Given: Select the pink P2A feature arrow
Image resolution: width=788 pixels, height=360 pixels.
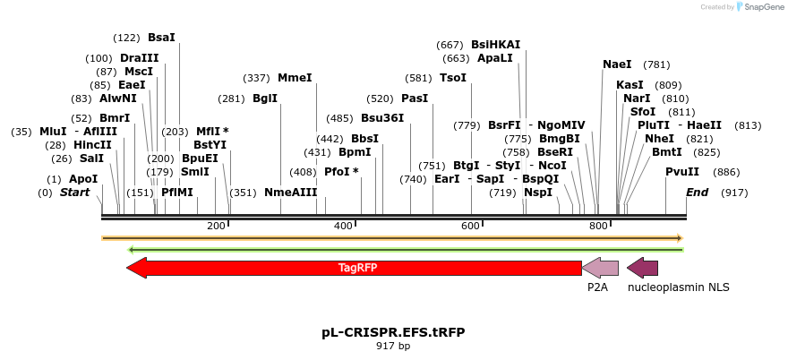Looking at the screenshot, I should [600, 268].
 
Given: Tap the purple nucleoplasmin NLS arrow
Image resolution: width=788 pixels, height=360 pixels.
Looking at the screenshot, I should [643, 268].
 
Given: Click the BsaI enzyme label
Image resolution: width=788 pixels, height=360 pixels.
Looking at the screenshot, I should [161, 38].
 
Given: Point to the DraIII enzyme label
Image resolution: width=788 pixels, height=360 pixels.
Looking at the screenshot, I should [139, 58].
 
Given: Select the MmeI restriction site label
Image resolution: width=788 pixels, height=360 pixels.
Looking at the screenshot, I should [295, 78].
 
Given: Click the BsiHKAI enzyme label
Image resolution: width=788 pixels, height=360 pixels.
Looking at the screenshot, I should [495, 45].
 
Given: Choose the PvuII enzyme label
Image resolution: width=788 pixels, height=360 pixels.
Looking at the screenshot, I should [682, 172].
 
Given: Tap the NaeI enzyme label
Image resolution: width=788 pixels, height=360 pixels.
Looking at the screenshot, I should [617, 64].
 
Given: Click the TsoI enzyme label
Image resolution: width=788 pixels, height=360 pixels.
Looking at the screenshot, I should [453, 78].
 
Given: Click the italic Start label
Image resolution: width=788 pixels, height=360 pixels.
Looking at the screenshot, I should [74, 193].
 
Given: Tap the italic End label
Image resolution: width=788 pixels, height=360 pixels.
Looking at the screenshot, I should [697, 193].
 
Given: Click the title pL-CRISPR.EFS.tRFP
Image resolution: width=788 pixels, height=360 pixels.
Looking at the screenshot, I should [393, 332].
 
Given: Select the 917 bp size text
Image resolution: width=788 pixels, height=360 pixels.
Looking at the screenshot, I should [393, 346].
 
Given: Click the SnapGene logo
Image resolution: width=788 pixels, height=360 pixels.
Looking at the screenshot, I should [758, 7].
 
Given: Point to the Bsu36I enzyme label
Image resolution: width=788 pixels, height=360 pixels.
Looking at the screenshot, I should [382, 118].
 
